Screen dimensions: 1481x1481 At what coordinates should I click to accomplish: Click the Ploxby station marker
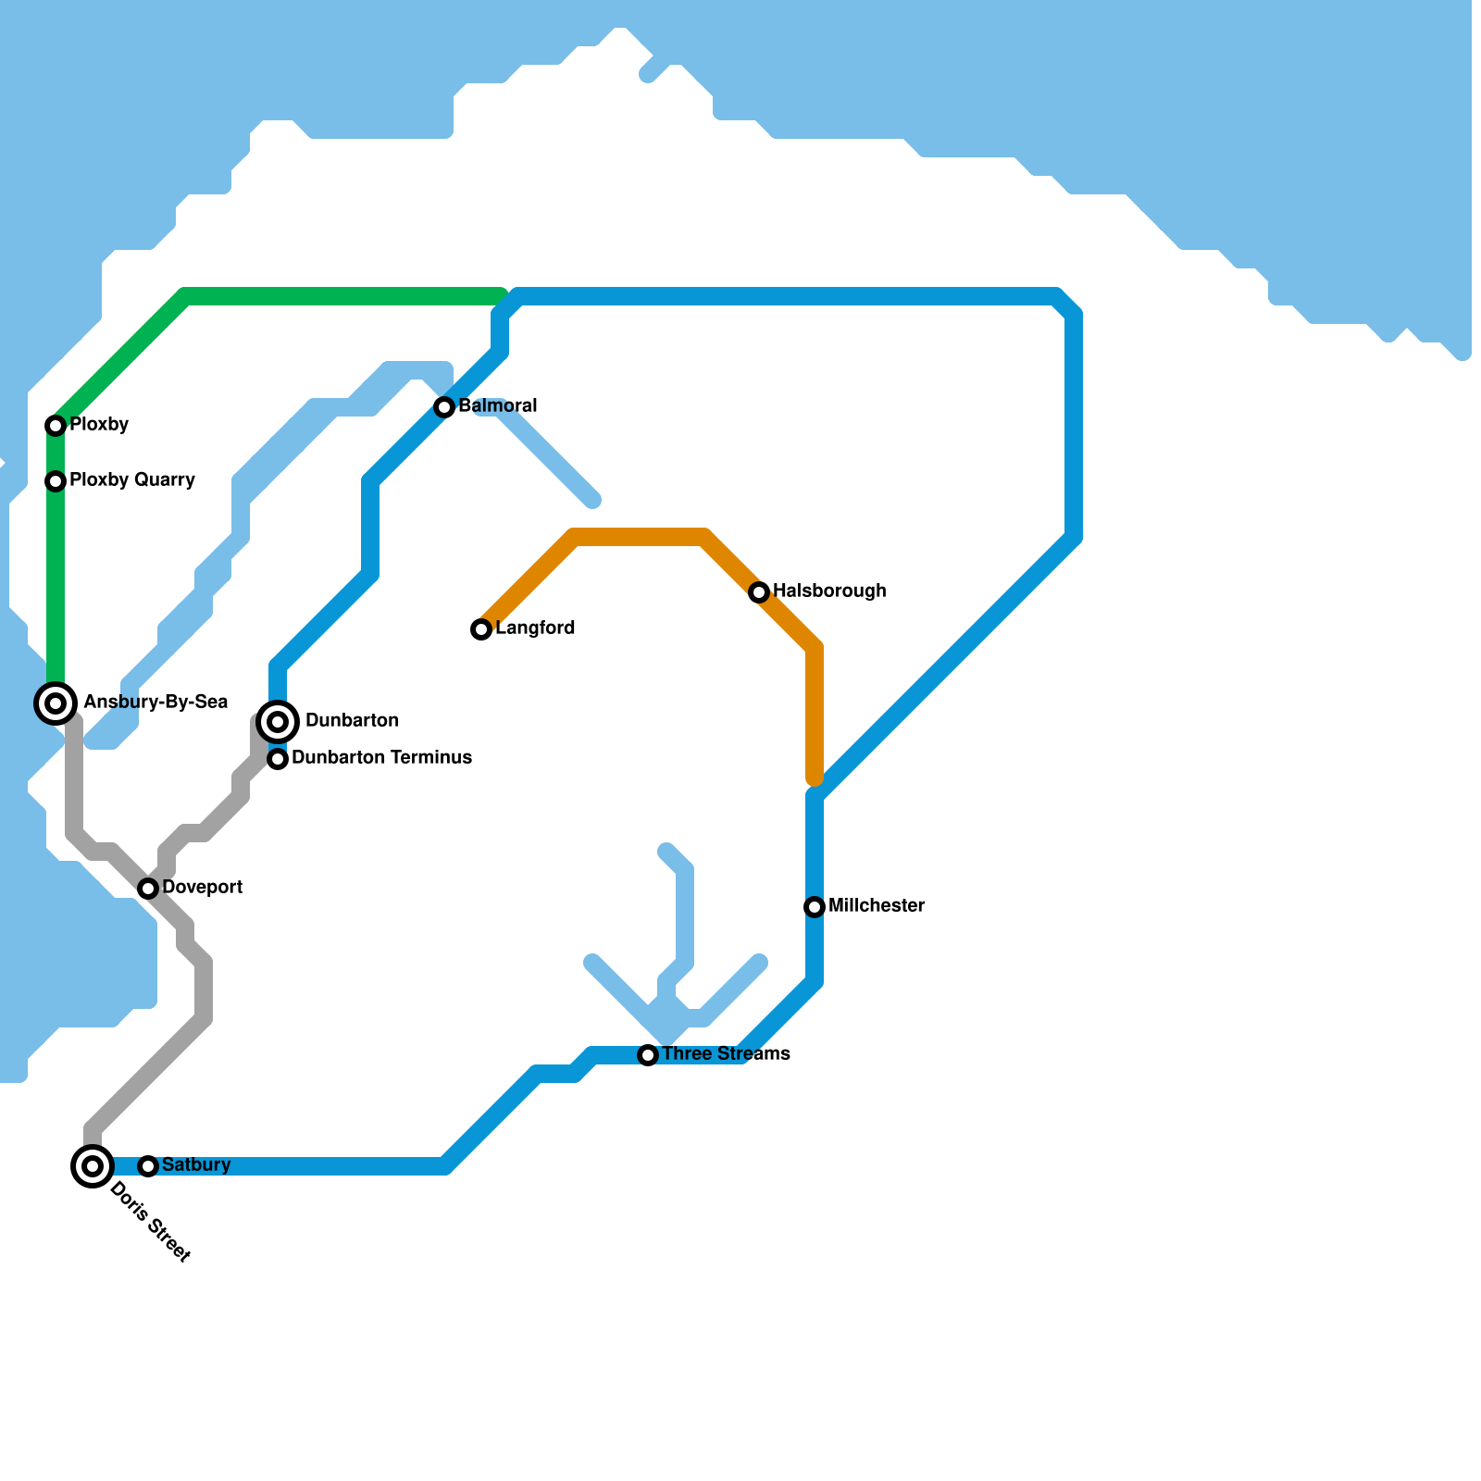[x=56, y=426]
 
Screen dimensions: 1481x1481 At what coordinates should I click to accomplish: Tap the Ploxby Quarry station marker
[x=56, y=481]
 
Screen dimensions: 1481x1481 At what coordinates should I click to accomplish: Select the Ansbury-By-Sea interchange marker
[x=56, y=703]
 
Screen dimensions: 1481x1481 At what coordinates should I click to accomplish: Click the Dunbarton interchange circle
[x=278, y=722]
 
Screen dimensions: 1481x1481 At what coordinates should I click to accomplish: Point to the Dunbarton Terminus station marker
[x=278, y=759]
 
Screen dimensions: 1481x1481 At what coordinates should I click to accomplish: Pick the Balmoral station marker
[x=444, y=407]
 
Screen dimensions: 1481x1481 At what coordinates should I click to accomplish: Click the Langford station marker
[x=481, y=629]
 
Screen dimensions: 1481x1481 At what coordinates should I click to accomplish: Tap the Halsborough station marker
[x=759, y=592]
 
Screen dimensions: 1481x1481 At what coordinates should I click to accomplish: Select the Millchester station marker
[x=815, y=907]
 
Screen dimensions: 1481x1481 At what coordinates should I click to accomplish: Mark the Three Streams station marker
[x=648, y=1055]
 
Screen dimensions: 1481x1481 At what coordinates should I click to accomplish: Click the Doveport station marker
[x=148, y=889]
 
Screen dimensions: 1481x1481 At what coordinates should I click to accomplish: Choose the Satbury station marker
[x=148, y=1166]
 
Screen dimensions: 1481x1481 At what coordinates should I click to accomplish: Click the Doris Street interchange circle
[x=93, y=1166]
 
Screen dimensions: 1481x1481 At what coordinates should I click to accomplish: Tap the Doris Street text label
[x=150, y=1223]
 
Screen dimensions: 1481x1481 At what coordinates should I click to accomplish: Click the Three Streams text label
[x=726, y=1054]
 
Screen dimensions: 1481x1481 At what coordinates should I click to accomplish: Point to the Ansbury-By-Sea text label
[x=156, y=703]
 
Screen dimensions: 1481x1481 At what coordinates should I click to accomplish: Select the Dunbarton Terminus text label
[x=381, y=758]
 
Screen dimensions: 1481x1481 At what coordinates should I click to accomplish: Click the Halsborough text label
[x=829, y=591]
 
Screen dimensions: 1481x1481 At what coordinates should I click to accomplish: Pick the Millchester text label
[x=877, y=906]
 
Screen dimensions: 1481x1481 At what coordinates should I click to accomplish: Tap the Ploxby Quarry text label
[x=132, y=480]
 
